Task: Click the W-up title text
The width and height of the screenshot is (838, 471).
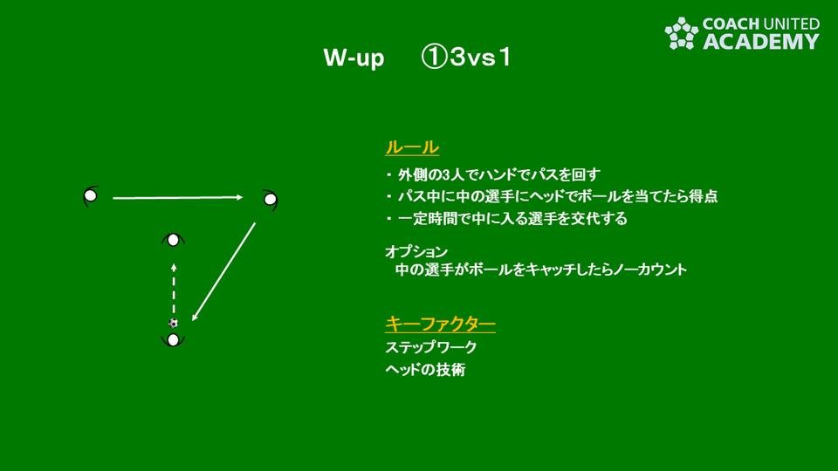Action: pyautogui.click(x=354, y=58)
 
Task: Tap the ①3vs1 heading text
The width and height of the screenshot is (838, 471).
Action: pyautogui.click(x=466, y=58)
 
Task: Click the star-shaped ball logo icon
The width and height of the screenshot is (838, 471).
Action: pyautogui.click(x=682, y=33)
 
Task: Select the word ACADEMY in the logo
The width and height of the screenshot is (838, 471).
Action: pyautogui.click(x=760, y=41)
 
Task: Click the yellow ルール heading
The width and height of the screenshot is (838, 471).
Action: pyautogui.click(x=412, y=147)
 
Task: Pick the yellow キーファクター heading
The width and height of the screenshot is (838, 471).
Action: pyautogui.click(x=440, y=324)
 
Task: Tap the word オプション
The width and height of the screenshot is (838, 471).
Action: pyautogui.click(x=416, y=251)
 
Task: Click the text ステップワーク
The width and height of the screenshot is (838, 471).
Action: pyautogui.click(x=430, y=347)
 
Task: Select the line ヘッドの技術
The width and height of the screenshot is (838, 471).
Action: pyautogui.click(x=425, y=370)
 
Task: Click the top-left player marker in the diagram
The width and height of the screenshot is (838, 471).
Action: pyautogui.click(x=90, y=196)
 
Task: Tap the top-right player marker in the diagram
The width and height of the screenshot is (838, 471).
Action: pyautogui.click(x=271, y=200)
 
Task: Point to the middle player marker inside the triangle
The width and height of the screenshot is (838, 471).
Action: pyautogui.click(x=173, y=241)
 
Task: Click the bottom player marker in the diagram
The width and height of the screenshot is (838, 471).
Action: pyautogui.click(x=173, y=339)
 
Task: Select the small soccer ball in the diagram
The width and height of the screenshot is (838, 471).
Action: pyautogui.click(x=173, y=323)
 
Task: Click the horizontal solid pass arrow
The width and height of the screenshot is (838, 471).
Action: pyautogui.click(x=178, y=198)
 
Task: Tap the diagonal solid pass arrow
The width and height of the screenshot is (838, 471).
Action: pyautogui.click(x=224, y=271)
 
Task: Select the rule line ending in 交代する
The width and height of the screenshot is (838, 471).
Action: pyautogui.click(x=506, y=218)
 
